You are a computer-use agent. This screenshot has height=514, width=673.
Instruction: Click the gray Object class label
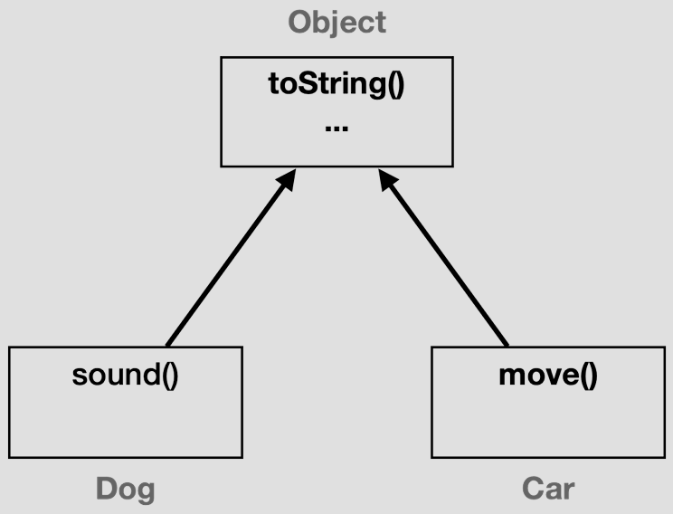[x=336, y=22]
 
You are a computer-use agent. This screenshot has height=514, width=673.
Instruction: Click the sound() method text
[x=125, y=374]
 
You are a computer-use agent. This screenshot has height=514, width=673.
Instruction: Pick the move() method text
[x=547, y=374]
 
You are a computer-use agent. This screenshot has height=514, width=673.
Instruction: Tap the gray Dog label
[x=125, y=490]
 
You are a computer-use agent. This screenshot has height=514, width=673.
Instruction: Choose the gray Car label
[x=547, y=490]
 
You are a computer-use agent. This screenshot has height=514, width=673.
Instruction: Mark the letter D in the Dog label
[x=108, y=490]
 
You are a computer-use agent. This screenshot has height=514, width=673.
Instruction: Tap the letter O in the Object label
[x=300, y=22]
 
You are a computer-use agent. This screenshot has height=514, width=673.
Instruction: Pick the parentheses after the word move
[x=588, y=375]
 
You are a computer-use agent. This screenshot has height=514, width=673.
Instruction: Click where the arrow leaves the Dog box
[x=168, y=345]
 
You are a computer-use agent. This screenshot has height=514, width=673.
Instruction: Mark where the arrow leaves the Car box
[x=507, y=345]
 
